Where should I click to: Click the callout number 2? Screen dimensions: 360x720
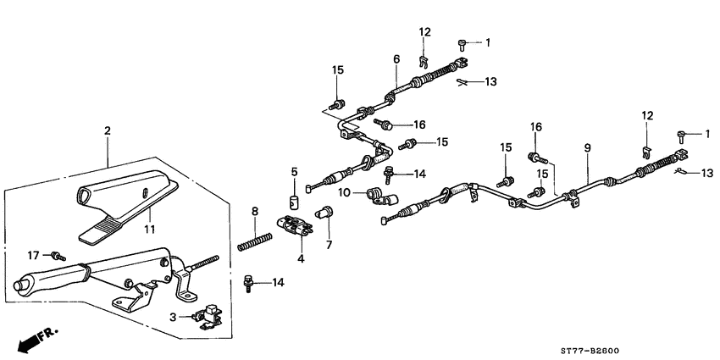[108, 130]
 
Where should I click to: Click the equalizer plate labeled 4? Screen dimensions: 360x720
[294, 226]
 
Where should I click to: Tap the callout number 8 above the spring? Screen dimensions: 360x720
[254, 210]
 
